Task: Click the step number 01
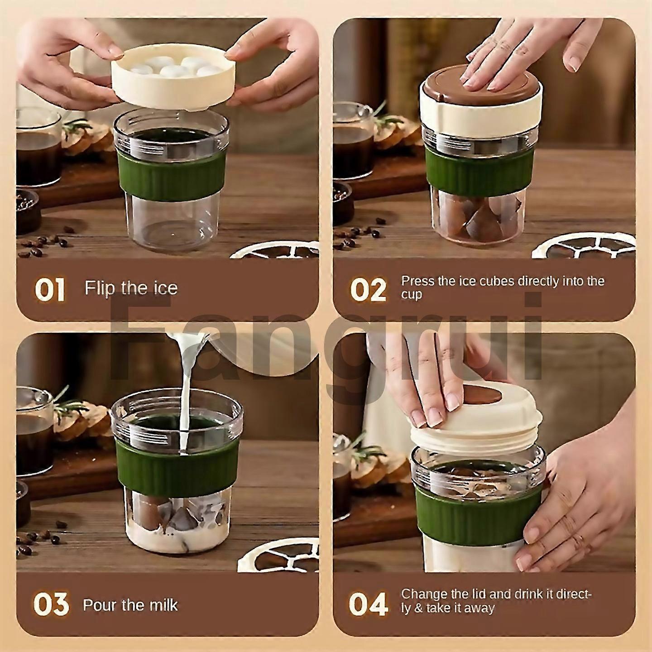[x=50, y=290]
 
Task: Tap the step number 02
[x=368, y=290]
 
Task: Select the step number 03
[x=51, y=605]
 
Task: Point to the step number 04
[x=368, y=605]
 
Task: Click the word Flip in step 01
[x=100, y=288]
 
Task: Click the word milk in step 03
[x=162, y=605]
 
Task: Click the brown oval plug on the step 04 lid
[x=482, y=394]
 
